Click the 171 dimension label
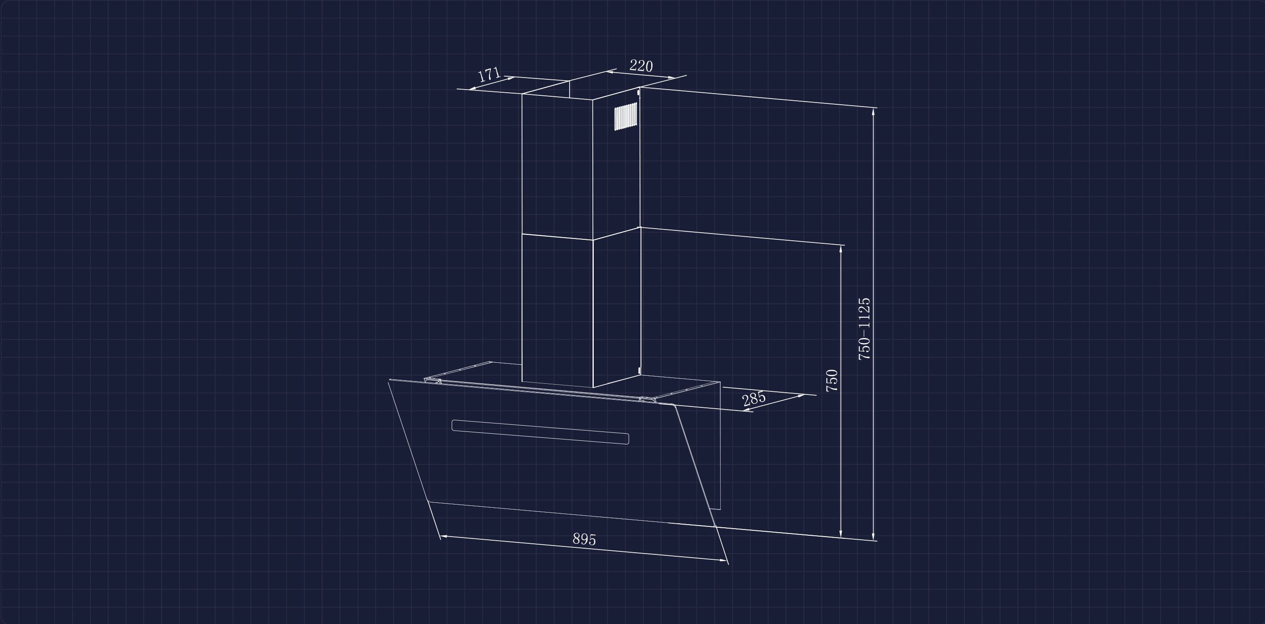[489, 75]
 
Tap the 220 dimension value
[641, 66]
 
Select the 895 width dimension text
[584, 539]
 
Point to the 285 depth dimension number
[754, 398]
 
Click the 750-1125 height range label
[864, 328]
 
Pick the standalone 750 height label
[832, 380]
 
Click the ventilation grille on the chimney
[626, 116]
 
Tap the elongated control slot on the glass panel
[540, 432]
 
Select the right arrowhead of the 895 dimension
[723, 560]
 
